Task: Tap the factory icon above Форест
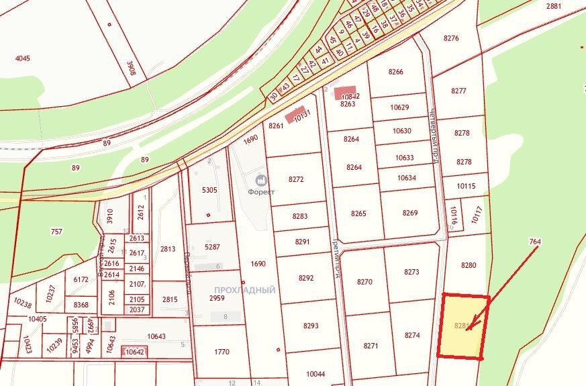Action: pos(260,180)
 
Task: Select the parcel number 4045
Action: pos(23,58)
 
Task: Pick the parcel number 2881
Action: pos(554,6)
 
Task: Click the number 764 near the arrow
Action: pos(535,241)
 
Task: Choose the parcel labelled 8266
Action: pos(396,72)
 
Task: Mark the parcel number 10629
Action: pos(399,107)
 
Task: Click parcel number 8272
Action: pos(296,179)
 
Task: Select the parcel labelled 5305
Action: pos(209,190)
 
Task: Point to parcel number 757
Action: pos(56,232)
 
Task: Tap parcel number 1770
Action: pos(222,351)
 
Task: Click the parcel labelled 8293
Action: pos(311,326)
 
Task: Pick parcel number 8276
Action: pos(451,38)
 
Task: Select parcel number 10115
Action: pos(465,186)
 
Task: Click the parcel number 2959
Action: pos(217,298)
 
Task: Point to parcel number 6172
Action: pos(81,279)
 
